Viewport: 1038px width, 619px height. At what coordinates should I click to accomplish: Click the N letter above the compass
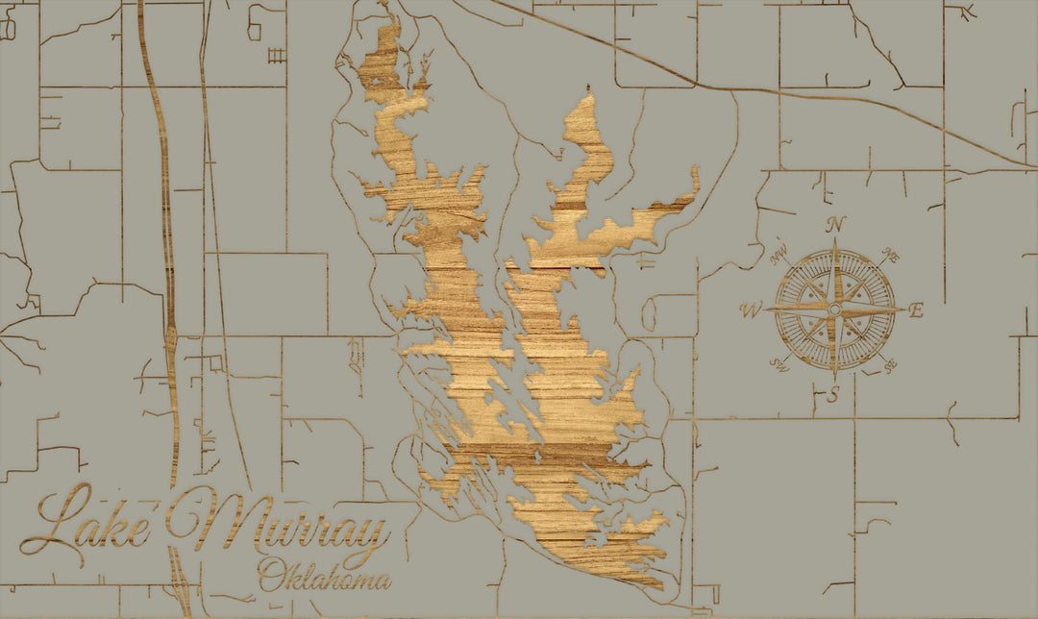(836, 224)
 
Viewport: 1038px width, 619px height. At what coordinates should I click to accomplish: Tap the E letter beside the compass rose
(916, 310)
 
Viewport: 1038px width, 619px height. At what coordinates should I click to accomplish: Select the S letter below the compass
(834, 394)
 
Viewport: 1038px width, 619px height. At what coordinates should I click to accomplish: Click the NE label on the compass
(890, 257)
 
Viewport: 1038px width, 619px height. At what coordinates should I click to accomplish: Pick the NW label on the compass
(779, 256)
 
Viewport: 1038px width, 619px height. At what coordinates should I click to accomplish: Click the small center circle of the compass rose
(834, 309)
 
